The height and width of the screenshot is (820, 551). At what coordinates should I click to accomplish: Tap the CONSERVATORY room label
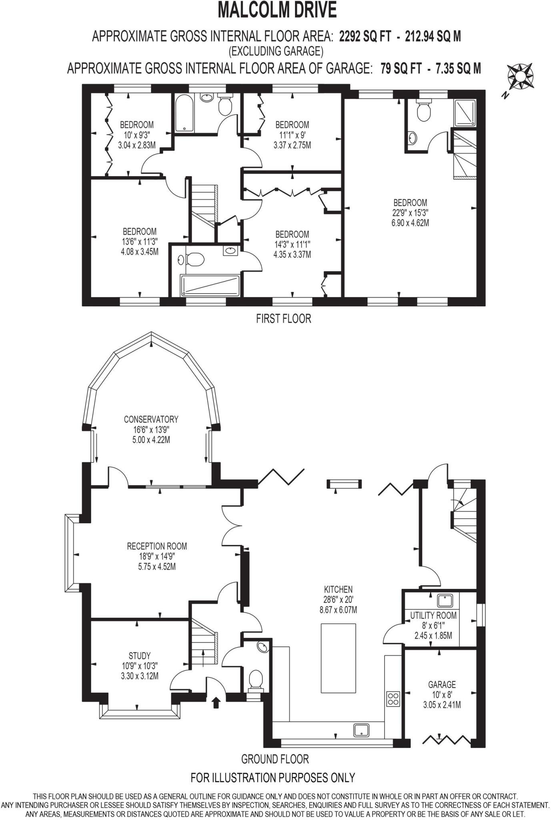[x=151, y=419]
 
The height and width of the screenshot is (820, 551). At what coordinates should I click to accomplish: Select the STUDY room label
[x=140, y=656]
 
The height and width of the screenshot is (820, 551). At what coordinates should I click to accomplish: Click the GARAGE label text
[x=442, y=685]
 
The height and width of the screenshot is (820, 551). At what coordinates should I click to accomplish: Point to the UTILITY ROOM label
[x=433, y=615]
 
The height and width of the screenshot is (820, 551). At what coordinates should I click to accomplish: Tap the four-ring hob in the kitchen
[x=393, y=698]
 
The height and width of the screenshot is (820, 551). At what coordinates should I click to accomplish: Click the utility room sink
[x=445, y=601]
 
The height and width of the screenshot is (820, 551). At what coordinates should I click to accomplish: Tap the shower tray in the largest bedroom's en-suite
[x=465, y=113]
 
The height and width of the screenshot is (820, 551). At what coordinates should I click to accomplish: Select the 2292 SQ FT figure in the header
[x=365, y=36]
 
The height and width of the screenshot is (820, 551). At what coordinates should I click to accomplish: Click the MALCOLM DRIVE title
[x=277, y=11]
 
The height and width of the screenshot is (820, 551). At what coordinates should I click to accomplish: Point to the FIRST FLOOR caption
[x=283, y=319]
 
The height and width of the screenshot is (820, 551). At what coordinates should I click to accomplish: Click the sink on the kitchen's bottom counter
[x=362, y=730]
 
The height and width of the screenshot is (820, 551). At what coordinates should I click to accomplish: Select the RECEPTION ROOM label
[x=157, y=546]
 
